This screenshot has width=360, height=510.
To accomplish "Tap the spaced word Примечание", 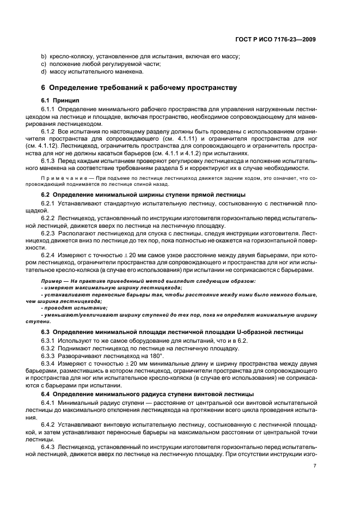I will (65, 178).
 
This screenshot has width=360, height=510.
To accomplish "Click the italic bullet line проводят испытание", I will (71, 308).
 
